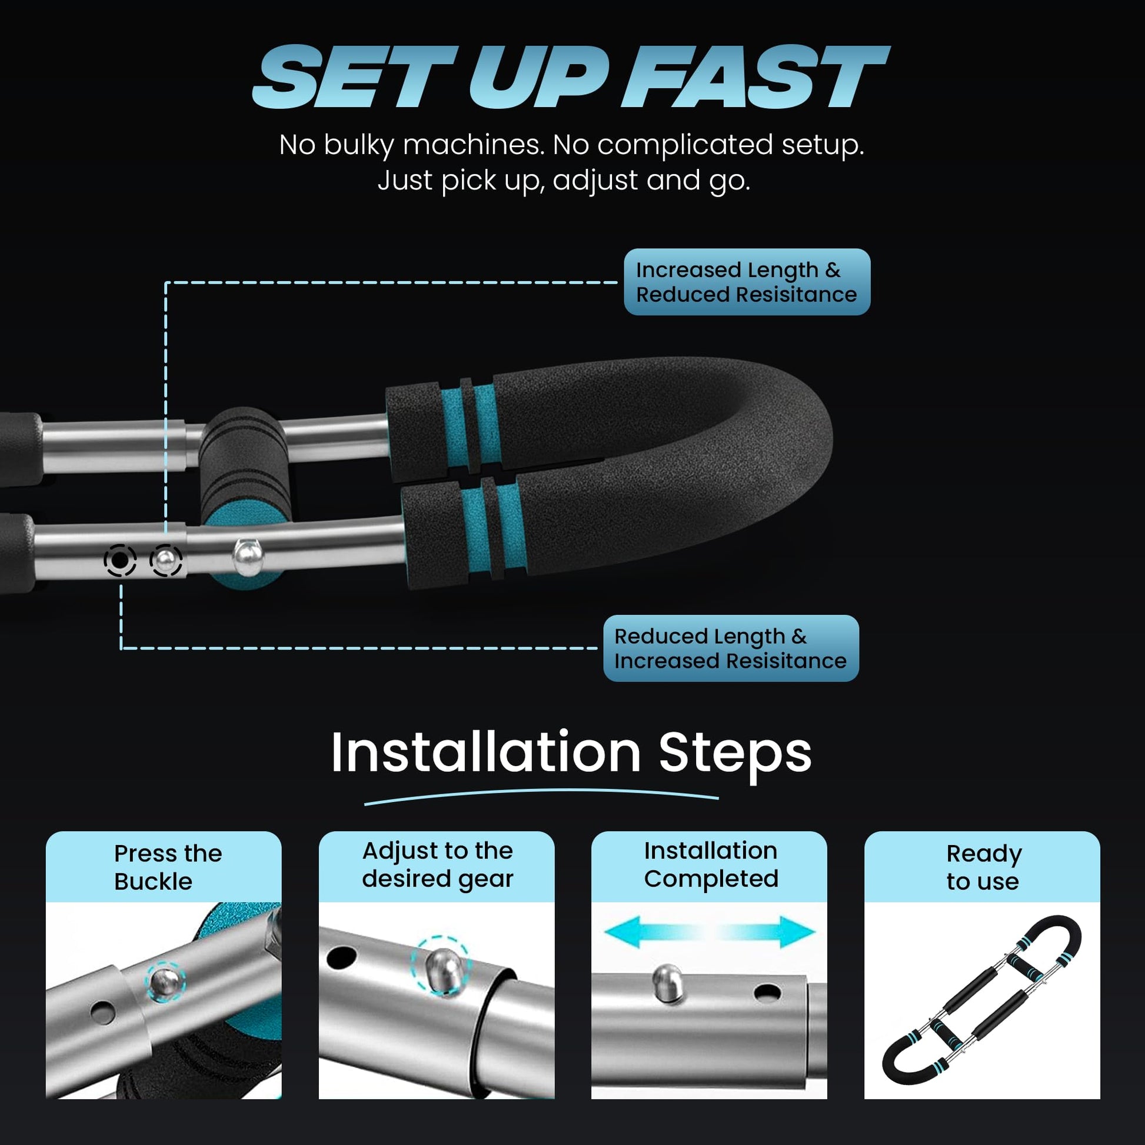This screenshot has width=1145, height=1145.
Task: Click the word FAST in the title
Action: (x=760, y=78)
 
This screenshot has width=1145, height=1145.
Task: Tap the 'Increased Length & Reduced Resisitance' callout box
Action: (x=747, y=282)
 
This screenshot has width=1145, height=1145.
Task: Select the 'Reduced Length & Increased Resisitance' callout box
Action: (x=731, y=648)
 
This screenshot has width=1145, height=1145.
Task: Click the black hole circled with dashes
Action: (x=119, y=560)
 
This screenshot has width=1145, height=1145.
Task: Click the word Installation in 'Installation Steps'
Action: (x=486, y=753)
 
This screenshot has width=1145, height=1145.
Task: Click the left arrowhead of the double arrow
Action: (x=623, y=931)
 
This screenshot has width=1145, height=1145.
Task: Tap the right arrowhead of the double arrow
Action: (x=797, y=931)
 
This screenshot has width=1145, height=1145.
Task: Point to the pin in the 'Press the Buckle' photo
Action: (x=164, y=983)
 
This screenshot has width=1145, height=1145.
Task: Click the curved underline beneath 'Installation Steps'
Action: (x=541, y=793)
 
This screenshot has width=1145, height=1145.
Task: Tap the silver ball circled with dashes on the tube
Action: (x=166, y=560)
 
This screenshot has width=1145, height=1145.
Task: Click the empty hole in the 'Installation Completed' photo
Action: (x=767, y=991)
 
